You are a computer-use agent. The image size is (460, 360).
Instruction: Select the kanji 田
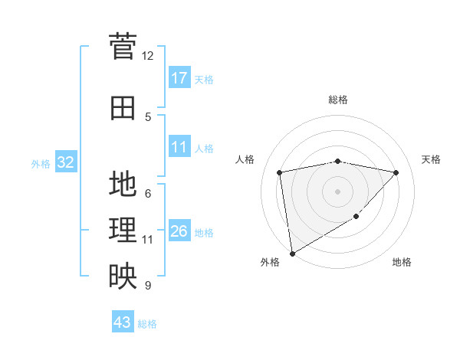coord(123,108)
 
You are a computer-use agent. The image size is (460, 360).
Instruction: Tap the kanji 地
coord(123,185)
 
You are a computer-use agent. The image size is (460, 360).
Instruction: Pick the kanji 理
coord(123,231)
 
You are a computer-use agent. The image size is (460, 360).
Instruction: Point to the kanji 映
coord(123,277)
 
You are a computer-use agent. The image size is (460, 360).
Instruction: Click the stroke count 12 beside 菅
coord(147,56)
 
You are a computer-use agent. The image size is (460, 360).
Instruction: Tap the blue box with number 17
coord(179,77)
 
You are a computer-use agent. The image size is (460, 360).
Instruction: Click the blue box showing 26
coord(179,231)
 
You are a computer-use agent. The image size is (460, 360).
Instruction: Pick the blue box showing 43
coord(123,322)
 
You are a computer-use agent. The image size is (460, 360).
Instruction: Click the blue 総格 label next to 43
coord(147,324)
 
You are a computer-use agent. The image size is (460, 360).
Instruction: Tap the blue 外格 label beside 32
coord(41,163)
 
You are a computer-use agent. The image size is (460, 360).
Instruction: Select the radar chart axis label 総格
coord(337,100)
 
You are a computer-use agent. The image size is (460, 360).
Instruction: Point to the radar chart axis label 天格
coord(432,159)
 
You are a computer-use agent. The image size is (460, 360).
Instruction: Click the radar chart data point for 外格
coord(291,253)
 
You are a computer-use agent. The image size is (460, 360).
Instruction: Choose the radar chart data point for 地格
coord(356,218)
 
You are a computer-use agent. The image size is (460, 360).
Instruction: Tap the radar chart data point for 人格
coord(280,172)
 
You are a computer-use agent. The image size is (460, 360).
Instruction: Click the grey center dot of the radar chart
coord(337,191)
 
